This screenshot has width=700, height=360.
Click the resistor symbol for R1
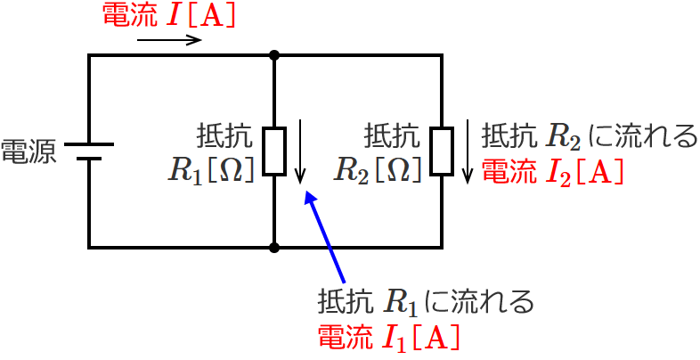tap(274, 151)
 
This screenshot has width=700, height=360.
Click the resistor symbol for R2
tap(443, 151)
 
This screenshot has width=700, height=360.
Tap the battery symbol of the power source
tap(89, 151)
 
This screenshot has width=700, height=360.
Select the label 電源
tap(28, 151)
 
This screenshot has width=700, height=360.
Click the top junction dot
tap(274, 55)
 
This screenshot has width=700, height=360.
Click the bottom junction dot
tap(274, 247)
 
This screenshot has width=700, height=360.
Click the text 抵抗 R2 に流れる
tap(589, 136)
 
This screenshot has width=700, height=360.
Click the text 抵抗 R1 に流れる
tap(426, 302)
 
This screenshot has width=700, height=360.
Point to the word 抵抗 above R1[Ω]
tap(224, 136)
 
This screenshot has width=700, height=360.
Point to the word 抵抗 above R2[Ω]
tap(392, 136)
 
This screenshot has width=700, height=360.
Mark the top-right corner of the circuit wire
tap(443, 55)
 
